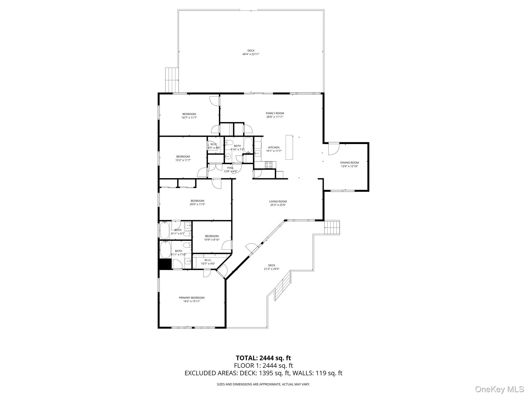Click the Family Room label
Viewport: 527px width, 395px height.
(x=275, y=113)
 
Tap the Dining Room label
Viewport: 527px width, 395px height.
(x=349, y=163)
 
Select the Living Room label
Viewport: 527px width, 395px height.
(x=278, y=202)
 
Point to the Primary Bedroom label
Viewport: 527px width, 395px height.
(x=191, y=298)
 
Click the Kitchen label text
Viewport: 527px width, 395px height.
(x=274, y=148)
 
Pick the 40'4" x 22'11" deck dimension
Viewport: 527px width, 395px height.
(x=251, y=54)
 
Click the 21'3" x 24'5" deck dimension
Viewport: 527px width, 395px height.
(x=271, y=269)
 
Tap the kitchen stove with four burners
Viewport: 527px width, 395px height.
(x=268, y=165)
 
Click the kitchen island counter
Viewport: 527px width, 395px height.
(x=289, y=147)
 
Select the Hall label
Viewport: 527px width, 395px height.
(x=230, y=168)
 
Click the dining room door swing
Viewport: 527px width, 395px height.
(x=333, y=149)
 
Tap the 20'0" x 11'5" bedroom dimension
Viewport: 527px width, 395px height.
(x=197, y=204)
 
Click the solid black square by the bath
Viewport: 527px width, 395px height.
(x=165, y=264)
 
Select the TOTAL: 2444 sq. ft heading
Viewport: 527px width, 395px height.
(x=263, y=358)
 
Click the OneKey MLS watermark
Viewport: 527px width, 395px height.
(x=499, y=389)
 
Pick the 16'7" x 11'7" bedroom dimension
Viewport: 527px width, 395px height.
(x=189, y=118)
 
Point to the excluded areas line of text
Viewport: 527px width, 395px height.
(x=263, y=373)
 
